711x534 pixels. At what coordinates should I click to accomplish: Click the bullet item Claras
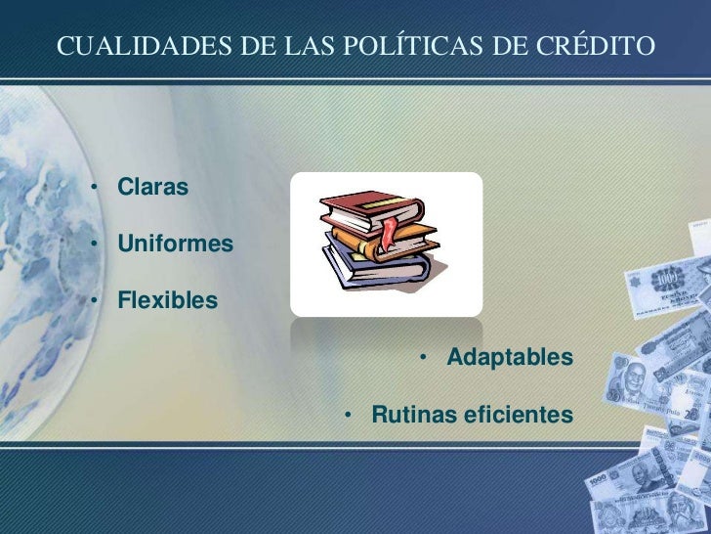pyautogui.click(x=152, y=186)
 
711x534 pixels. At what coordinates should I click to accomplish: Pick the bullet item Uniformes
pyautogui.click(x=176, y=243)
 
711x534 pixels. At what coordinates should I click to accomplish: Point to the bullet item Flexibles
pyautogui.click(x=168, y=299)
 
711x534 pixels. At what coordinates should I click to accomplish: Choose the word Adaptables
pyautogui.click(x=510, y=358)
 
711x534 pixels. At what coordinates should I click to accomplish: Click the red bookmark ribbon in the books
pyautogui.click(x=390, y=234)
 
